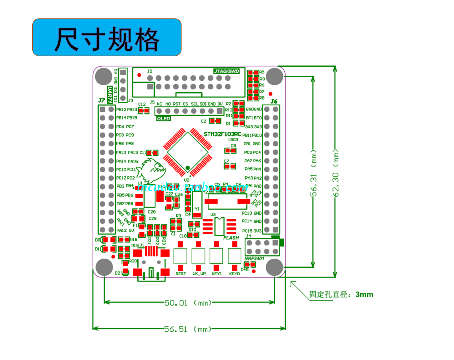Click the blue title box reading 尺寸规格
tap(107, 37)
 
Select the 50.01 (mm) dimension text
tap(188, 303)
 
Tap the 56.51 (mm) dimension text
tap(188, 329)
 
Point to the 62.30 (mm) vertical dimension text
tap(336, 173)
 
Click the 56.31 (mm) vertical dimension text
tap(313, 173)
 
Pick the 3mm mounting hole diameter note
tap(341, 295)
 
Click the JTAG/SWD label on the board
tap(226, 71)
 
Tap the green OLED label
tap(163, 119)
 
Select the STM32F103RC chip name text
tap(222, 134)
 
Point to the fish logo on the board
tap(152, 170)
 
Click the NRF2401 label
tap(254, 258)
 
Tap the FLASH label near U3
tap(231, 238)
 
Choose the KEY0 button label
tap(234, 274)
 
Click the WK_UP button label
tap(199, 274)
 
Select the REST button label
tap(181, 274)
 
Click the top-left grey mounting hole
tap(104, 76)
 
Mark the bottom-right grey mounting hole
tap(274, 267)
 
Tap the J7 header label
tap(102, 100)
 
